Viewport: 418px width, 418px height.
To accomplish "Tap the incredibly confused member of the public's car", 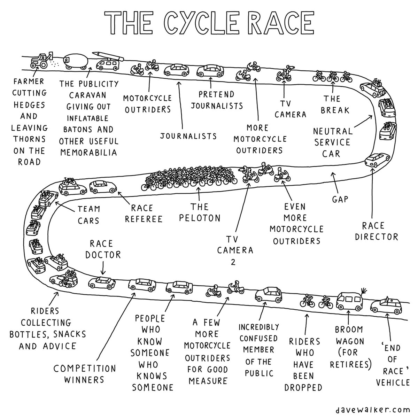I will click(x=269, y=295).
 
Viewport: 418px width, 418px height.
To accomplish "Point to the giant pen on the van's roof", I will click(x=107, y=55).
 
